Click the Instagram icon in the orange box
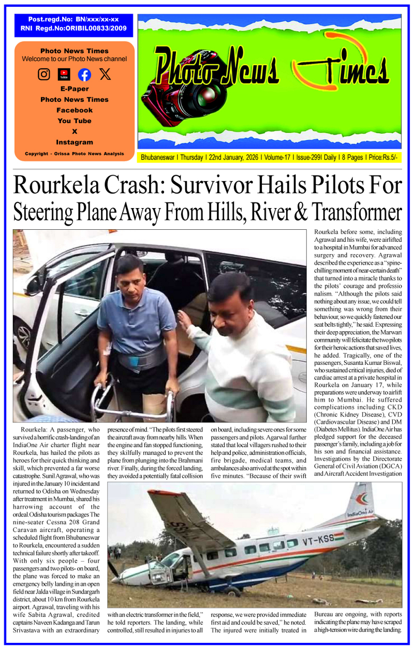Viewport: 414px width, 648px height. pos(44,75)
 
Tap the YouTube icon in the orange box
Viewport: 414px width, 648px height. pos(64,75)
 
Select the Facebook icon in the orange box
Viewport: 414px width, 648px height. pos(84,75)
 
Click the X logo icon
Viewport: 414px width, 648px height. pos(105,75)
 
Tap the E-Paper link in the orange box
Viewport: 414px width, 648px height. pos(75,89)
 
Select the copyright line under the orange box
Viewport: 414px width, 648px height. pos(75,154)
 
